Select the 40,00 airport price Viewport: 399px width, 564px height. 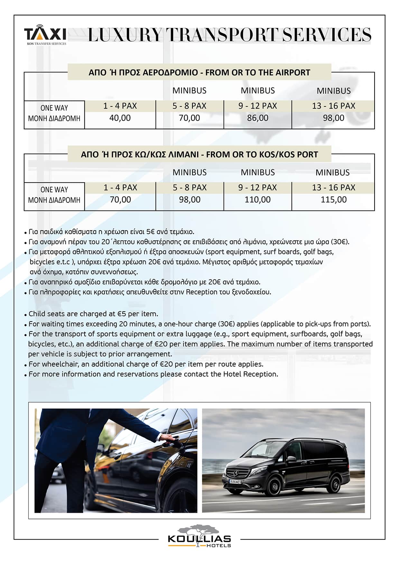point(120,118)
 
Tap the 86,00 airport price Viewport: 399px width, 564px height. point(258,118)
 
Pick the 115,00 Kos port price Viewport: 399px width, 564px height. point(334,200)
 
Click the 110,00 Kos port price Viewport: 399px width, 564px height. point(258,200)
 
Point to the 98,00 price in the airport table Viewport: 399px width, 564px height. point(334,118)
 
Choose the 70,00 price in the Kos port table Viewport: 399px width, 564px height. point(120,200)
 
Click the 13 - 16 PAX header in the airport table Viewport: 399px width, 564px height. point(334,106)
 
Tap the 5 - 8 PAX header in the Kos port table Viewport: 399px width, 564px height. point(190,187)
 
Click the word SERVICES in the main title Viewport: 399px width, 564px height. point(327,35)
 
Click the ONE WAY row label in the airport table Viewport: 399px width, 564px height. point(54,108)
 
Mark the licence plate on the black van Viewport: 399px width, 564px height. point(235,481)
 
